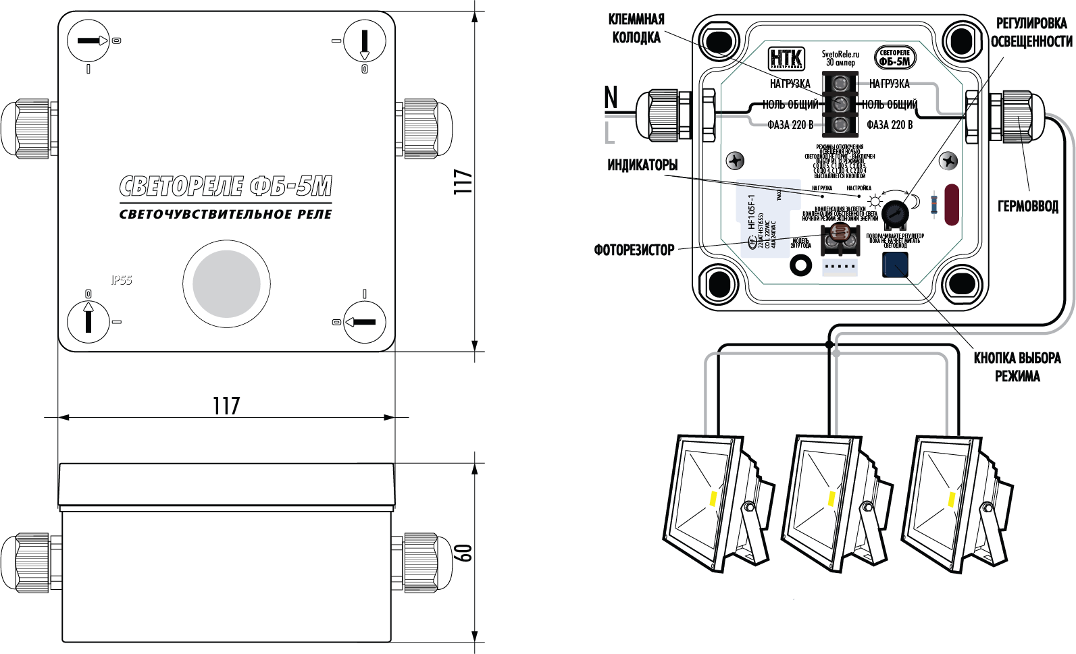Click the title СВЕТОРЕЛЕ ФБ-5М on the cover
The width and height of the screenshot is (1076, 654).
point(226,186)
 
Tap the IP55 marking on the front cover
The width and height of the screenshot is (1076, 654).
point(122,279)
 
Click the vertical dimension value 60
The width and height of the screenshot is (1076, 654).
point(464,552)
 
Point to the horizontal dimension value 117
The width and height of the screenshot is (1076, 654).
point(226,406)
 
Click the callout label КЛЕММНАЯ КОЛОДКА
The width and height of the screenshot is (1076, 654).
point(636,28)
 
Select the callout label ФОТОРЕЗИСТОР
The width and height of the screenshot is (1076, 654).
point(634,250)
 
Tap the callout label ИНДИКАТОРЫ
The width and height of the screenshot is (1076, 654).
point(642,165)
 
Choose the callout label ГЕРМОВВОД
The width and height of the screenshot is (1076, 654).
point(1027,207)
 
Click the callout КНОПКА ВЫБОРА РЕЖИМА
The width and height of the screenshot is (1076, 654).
point(1017,366)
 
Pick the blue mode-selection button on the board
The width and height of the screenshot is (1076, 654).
point(895,265)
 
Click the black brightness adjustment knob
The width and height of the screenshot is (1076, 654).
point(894,213)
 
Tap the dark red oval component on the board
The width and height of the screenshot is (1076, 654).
point(951,205)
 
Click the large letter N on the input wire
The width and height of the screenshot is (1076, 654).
point(611,97)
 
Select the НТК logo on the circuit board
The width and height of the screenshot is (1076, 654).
point(786,57)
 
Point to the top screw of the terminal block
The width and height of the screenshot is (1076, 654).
point(840,84)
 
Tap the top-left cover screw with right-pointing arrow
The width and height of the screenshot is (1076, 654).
point(88,41)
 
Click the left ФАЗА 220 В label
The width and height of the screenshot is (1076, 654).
point(790,125)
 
